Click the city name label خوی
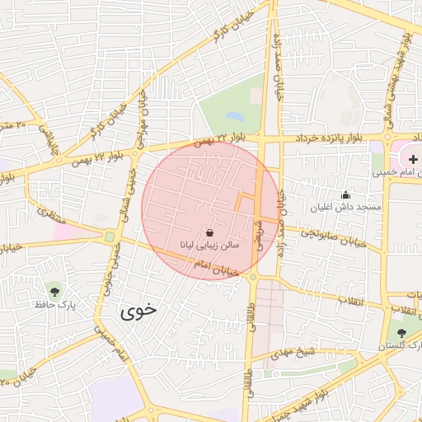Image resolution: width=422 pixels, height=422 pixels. pos(138,311)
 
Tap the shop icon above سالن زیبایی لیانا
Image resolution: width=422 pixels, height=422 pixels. pos(209,233)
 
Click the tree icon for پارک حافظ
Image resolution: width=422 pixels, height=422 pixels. pos(54,291)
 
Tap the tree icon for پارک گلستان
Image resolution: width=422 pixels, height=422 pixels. pos(401,333)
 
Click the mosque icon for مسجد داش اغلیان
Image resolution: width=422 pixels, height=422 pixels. pos(345,195)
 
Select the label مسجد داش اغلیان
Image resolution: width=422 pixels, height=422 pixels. pos(345,207)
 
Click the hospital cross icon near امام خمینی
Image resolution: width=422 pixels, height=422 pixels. pos(413,157)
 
